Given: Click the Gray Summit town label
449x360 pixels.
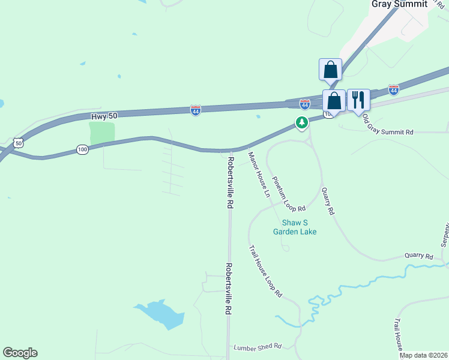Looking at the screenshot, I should pos(399,4).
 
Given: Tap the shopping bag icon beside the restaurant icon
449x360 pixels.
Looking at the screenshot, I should pos(334,100).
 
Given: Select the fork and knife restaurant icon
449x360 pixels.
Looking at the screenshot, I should pos(358,100).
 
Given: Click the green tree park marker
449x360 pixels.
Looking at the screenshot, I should pos(301,123).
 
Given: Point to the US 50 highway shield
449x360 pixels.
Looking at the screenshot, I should pos(19,143).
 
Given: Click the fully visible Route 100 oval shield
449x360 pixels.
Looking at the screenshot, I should pos(82,149).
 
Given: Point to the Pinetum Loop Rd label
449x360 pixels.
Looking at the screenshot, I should pos(289,194).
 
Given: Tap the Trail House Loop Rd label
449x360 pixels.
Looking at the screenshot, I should pos(265,271).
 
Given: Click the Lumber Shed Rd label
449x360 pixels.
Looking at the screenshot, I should pos(258,346).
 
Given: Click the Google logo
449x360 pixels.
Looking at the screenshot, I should pos(20,353).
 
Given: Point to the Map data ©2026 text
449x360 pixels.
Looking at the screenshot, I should pos(424,355).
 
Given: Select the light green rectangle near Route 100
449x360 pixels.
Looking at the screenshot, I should pos(101,133).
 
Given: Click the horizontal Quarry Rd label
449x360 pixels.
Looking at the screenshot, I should pos(418,256).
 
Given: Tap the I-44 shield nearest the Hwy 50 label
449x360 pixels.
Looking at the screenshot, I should pos(196,110).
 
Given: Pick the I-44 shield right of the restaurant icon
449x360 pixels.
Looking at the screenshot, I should pos(393,89).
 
